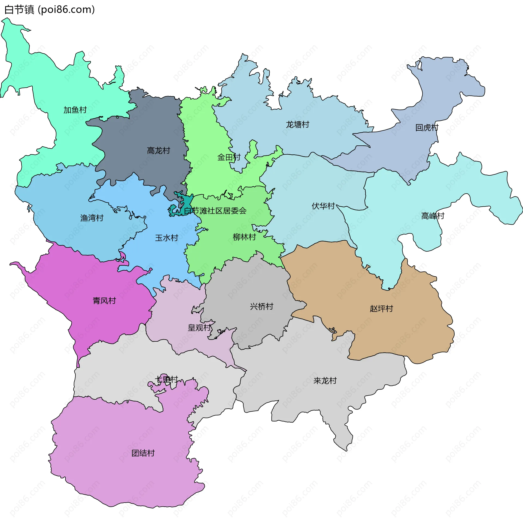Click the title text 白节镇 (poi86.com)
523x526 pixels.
(50, 10)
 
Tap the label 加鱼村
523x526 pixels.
(75, 110)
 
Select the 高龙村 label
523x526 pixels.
(159, 151)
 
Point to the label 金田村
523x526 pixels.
(229, 157)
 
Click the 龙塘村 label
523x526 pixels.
(297, 125)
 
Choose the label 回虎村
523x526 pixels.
(427, 127)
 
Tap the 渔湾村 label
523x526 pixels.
(92, 218)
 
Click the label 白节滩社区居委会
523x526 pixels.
(215, 211)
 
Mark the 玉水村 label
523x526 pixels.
(166, 238)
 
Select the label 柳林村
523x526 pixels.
(244, 237)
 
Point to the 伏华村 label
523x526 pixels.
(323, 206)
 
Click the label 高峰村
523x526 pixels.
(433, 216)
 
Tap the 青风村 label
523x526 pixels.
(104, 301)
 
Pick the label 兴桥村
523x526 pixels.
(261, 306)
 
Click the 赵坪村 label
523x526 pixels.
(381, 308)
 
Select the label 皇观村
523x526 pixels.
(199, 328)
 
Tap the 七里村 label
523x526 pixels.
(166, 379)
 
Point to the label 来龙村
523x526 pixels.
(325, 381)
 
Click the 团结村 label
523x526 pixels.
(143, 453)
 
